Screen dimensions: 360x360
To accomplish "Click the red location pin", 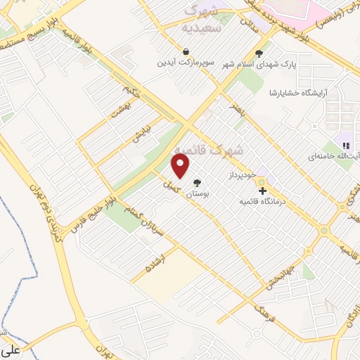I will click(x=181, y=165).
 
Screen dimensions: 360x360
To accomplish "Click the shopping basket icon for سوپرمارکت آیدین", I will click(x=186, y=52).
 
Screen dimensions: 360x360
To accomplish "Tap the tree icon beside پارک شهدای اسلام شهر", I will click(x=259, y=53).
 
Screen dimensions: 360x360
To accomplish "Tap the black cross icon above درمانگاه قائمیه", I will click(x=262, y=191).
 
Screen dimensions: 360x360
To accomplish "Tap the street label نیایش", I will click(x=140, y=136).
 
